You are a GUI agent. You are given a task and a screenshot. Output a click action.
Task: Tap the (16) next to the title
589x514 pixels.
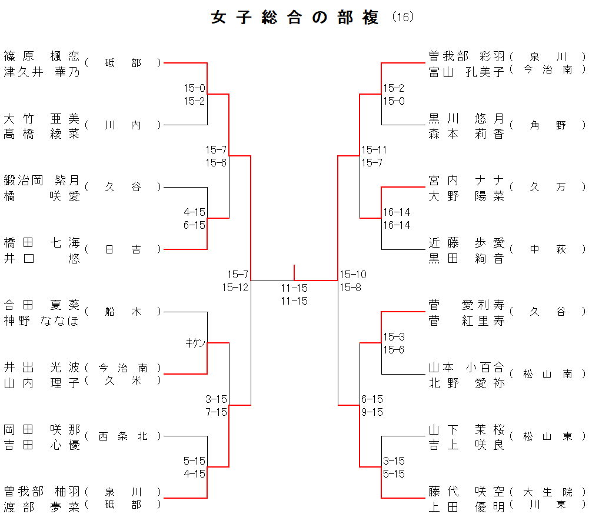(x=403, y=17)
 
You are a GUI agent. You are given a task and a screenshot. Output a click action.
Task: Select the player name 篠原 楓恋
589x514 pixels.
(x=41, y=56)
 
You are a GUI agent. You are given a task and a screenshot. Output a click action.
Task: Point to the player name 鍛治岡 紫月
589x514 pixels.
(x=41, y=181)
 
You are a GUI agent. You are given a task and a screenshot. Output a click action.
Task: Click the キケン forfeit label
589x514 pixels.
(x=195, y=343)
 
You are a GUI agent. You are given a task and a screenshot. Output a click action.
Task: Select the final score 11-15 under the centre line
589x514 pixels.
(x=294, y=288)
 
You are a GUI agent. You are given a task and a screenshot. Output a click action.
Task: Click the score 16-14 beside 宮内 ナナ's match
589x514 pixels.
(x=397, y=212)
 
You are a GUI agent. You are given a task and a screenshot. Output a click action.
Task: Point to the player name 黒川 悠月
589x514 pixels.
(x=467, y=118)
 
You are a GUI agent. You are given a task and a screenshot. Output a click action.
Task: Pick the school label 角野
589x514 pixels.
(x=547, y=125)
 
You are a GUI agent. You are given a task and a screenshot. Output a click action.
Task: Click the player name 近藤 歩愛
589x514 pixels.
(x=467, y=243)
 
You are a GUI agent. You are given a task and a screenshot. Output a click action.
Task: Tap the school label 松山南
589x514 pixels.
(x=547, y=374)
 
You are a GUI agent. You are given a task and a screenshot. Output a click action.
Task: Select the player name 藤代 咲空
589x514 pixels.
(x=467, y=492)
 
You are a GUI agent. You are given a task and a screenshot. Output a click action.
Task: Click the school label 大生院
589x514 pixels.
(x=547, y=492)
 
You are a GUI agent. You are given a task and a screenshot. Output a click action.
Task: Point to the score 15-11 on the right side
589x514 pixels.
(x=374, y=150)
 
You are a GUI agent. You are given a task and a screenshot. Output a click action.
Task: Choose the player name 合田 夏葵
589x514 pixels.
(x=41, y=305)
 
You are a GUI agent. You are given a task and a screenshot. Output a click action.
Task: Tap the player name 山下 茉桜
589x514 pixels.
(x=467, y=429)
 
